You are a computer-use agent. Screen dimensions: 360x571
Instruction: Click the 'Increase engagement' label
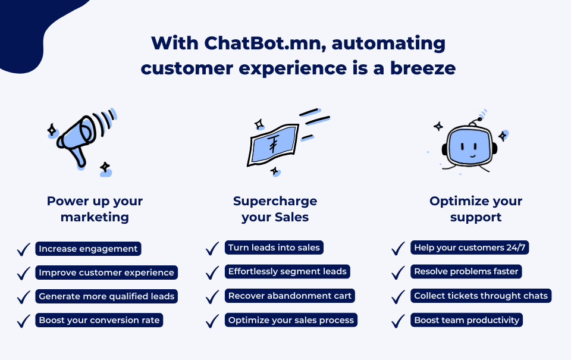click(x=88, y=249)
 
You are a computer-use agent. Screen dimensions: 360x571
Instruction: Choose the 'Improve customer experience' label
click(x=106, y=273)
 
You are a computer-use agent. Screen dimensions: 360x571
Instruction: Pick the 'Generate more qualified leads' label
click(x=106, y=296)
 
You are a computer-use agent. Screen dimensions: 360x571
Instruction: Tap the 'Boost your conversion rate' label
click(x=99, y=320)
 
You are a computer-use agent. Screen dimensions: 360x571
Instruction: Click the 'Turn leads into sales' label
click(x=274, y=248)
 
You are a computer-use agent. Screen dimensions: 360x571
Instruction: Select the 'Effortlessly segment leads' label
click(x=287, y=271)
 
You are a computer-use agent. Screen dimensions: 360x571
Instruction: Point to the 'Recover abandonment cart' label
click(x=290, y=296)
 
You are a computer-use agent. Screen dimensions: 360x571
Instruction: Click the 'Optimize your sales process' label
click(x=291, y=320)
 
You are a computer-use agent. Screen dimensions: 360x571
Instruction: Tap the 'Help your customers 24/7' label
click(x=469, y=248)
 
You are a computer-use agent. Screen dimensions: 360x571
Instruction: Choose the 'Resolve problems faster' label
click(x=466, y=271)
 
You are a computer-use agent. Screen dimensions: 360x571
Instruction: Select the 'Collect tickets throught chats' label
click(x=481, y=296)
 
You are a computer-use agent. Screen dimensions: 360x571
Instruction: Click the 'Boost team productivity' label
click(x=467, y=320)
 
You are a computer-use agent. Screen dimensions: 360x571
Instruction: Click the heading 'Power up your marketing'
click(x=95, y=209)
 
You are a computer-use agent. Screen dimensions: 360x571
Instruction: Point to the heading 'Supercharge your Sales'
click(x=275, y=209)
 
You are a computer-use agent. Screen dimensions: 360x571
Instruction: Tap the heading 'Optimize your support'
click(x=475, y=209)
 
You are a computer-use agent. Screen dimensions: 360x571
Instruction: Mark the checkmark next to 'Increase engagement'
click(x=23, y=249)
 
